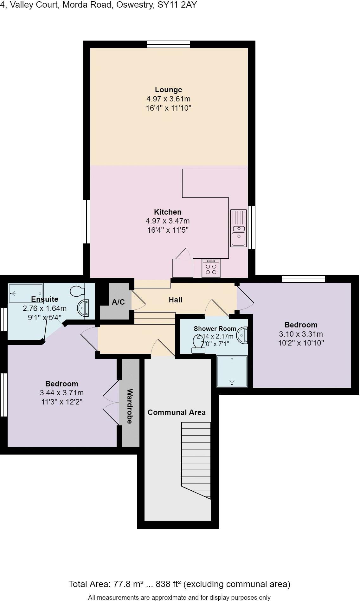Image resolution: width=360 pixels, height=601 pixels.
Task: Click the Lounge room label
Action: pyautogui.click(x=168, y=90)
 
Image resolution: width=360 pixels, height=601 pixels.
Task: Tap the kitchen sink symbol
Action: pyautogui.click(x=238, y=229)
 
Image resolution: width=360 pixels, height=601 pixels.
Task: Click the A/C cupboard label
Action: pyautogui.click(x=118, y=302)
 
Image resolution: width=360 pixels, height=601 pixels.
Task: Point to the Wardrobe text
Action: pyautogui.click(x=130, y=406)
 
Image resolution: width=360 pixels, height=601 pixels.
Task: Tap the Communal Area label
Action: pyautogui.click(x=177, y=412)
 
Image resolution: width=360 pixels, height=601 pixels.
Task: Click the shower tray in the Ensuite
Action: pyautogui.click(x=26, y=294)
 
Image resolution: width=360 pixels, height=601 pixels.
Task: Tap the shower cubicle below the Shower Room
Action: pyautogui.click(x=232, y=371)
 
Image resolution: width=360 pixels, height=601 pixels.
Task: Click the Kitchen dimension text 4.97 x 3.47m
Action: pyautogui.click(x=168, y=221)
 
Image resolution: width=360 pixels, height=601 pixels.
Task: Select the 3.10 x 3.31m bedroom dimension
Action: pyautogui.click(x=301, y=334)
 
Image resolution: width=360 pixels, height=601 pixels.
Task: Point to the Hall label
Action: pyautogui.click(x=176, y=300)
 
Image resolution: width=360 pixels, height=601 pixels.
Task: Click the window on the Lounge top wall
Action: pyautogui.click(x=169, y=44)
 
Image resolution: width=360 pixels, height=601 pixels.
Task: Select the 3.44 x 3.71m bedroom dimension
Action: pyautogui.click(x=61, y=393)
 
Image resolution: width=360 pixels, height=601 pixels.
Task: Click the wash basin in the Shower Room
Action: pyautogui.click(x=243, y=335)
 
